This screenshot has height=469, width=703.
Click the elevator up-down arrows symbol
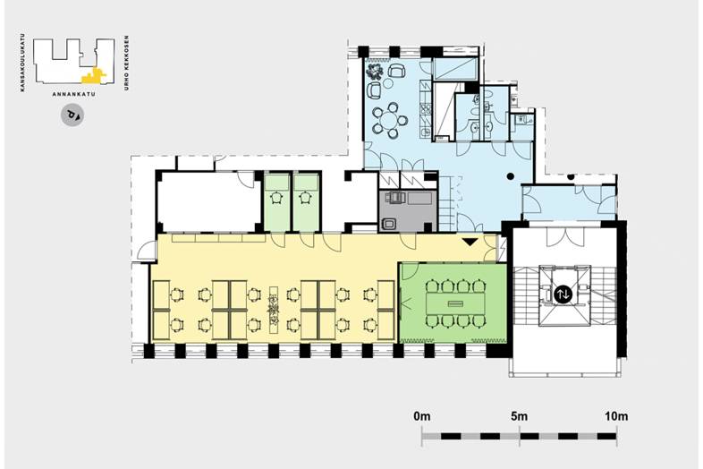coord(563,294)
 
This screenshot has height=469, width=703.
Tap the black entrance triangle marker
coord(470,242)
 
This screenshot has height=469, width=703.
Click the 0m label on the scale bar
coord(422,416)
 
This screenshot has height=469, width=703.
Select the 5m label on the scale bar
coord(519,416)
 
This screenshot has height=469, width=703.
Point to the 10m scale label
coord(616,416)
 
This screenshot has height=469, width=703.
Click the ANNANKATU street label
coord(73,94)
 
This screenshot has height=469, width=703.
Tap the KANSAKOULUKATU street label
coord(22,65)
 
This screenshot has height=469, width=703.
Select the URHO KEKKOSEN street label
coord(126,63)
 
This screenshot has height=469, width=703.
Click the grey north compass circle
coord(72,115)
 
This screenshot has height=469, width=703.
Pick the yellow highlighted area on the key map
coord(94,77)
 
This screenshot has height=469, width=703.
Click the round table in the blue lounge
coord(389,120)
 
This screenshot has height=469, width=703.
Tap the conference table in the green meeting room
coord(455,304)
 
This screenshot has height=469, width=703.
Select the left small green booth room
coord(276,202)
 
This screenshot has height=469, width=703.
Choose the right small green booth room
coord(306,202)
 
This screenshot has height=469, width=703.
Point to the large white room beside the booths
coord(208,202)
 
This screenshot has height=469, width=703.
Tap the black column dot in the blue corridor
coord(510,176)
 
